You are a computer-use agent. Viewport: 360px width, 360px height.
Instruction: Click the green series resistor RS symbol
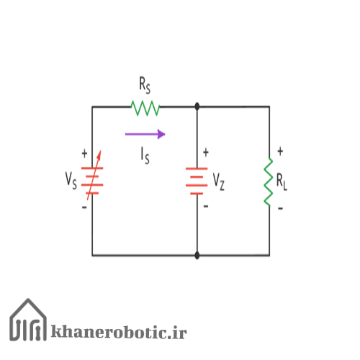[145, 108]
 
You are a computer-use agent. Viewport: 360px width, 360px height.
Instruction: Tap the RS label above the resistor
[145, 85]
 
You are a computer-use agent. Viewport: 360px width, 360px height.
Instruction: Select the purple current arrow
[145, 134]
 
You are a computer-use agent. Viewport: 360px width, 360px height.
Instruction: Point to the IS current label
[145, 156]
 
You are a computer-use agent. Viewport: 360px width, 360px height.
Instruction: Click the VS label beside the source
[71, 181]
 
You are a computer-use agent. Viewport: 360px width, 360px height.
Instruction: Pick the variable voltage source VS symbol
[92, 176]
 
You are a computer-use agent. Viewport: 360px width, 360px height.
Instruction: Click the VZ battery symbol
[197, 181]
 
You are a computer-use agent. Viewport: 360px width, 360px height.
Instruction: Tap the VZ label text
[219, 181]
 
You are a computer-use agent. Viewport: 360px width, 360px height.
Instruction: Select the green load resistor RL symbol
[269, 182]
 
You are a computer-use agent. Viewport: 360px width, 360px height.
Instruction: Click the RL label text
[282, 181]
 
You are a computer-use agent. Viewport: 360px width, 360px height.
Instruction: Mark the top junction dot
[197, 107]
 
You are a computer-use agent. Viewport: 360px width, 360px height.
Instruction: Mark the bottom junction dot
[197, 256]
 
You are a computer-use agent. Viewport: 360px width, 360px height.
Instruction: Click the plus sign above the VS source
[84, 153]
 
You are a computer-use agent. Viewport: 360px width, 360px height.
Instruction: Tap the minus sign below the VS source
[84, 207]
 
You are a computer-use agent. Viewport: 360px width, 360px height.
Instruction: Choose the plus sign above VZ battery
[206, 153]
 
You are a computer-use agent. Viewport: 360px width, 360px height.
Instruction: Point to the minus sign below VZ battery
[206, 206]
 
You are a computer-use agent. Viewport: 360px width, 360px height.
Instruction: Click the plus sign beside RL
[280, 151]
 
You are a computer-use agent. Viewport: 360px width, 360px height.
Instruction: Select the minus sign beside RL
[280, 208]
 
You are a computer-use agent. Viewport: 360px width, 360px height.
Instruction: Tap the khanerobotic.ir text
[119, 332]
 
